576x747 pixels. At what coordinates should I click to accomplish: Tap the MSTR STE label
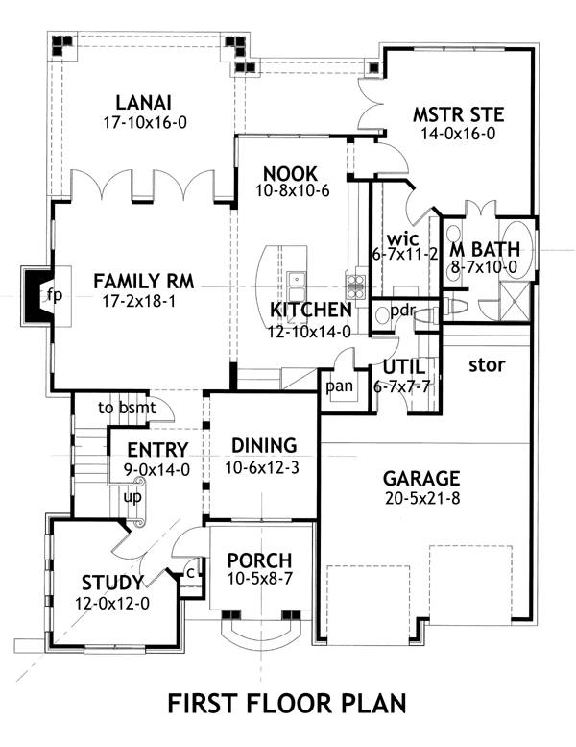458,115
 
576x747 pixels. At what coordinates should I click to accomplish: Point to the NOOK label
290,172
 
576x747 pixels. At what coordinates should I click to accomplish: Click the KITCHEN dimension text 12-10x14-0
309,330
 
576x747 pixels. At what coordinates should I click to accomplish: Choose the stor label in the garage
488,365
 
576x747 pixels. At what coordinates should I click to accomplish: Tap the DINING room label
264,445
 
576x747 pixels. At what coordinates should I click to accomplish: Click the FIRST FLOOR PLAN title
287,703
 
